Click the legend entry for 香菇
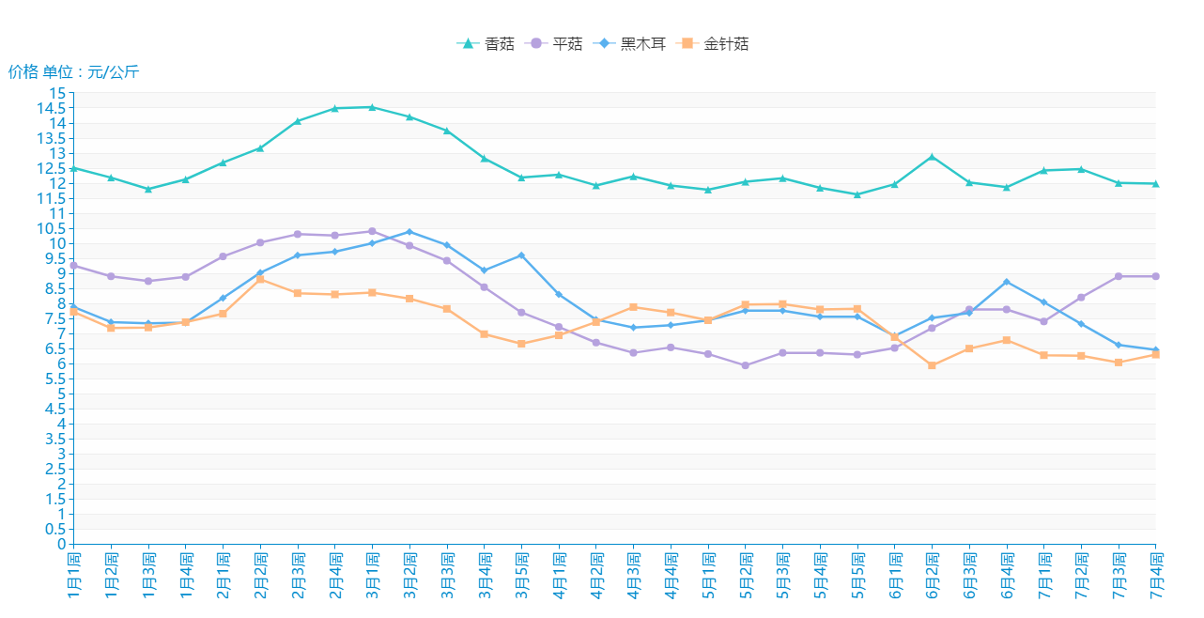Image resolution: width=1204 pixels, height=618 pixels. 486,44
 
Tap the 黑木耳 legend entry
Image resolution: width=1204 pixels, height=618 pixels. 632,44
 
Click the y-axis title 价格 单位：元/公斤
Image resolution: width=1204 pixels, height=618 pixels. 73,72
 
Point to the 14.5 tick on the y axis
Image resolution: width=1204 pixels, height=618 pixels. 57,108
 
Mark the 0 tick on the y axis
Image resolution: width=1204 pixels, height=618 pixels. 63,544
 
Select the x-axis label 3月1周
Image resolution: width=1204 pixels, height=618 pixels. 372,575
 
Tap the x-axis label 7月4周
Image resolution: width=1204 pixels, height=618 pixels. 1155,575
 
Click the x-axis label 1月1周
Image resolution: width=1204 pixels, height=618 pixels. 73,575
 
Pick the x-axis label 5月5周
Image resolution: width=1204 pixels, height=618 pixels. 857,575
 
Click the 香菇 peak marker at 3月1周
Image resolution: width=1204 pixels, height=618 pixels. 372,107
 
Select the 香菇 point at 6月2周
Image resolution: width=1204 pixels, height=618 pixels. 932,157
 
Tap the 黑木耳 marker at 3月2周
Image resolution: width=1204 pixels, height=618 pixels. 409,232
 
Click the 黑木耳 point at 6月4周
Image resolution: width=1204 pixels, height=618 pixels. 1007,282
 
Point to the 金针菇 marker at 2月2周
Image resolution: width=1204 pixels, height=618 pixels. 260,280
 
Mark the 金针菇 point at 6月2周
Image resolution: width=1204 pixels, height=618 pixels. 932,365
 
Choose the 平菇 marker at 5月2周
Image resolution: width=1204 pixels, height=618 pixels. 745,365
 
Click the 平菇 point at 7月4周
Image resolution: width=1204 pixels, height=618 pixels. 1155,276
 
